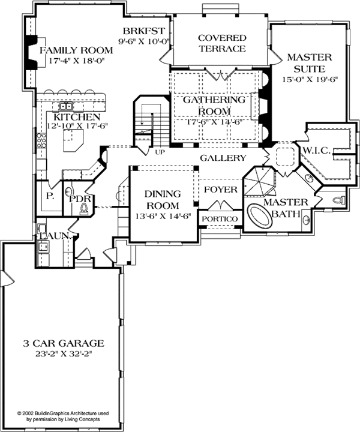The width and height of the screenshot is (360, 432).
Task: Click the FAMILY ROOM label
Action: pyautogui.click(x=76, y=50)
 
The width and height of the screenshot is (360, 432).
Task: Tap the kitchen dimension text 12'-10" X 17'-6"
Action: pyautogui.click(x=77, y=125)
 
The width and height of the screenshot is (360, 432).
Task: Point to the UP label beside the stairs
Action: pyautogui.click(x=160, y=152)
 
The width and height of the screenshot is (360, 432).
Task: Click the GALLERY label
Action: pyautogui.click(x=223, y=158)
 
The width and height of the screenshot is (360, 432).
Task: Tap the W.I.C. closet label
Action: pyautogui.click(x=316, y=151)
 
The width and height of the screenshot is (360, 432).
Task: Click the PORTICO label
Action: pyautogui.click(x=220, y=219)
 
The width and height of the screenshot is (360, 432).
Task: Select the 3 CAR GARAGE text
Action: pyautogui.click(x=64, y=343)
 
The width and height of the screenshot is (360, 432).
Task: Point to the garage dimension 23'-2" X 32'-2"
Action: pyautogui.click(x=64, y=354)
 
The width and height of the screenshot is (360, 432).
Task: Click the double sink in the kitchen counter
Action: pyautogui.click(x=66, y=106)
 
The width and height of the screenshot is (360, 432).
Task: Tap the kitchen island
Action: pyautogui.click(x=73, y=140)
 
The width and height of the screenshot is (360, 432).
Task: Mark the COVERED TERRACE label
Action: pyautogui.click(x=222, y=43)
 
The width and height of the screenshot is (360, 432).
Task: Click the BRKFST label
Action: pyautogui.click(x=144, y=31)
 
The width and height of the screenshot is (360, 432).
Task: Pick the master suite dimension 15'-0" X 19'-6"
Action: pyautogui.click(x=310, y=79)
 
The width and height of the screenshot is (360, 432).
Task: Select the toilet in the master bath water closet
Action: pyautogui.click(x=339, y=199)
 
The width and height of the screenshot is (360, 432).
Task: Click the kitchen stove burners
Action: pyautogui.click(x=41, y=140)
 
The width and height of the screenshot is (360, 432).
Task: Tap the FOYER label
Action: pyautogui.click(x=221, y=190)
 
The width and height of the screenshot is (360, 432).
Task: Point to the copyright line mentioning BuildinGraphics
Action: pyautogui.click(x=63, y=413)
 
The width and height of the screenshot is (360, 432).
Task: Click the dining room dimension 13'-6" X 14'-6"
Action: pyautogui.click(x=163, y=216)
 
